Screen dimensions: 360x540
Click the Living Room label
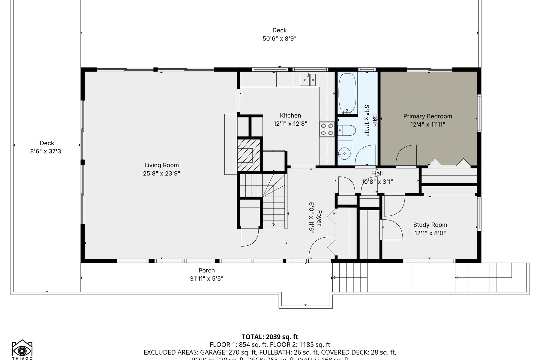point(161,165)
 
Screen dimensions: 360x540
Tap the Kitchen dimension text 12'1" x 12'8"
point(290,124)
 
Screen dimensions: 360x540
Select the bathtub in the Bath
point(347,93)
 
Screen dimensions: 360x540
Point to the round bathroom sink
point(345,154)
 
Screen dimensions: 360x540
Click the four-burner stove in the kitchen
point(327,130)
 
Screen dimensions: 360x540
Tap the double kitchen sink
point(307,80)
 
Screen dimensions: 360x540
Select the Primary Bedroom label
point(427,116)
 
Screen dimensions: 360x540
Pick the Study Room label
point(430,225)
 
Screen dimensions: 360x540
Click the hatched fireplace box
point(248,155)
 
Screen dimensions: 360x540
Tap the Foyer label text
point(319,218)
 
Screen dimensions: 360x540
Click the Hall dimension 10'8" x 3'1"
point(377,181)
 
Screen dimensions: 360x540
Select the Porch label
point(206,270)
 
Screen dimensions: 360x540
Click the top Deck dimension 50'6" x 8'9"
point(279,38)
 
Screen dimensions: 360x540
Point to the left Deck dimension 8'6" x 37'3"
point(47,151)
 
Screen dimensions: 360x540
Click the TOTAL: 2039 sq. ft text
point(270,337)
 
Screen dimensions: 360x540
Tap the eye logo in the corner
point(22,350)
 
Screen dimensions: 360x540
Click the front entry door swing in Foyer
point(319,247)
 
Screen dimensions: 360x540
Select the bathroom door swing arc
point(366,155)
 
